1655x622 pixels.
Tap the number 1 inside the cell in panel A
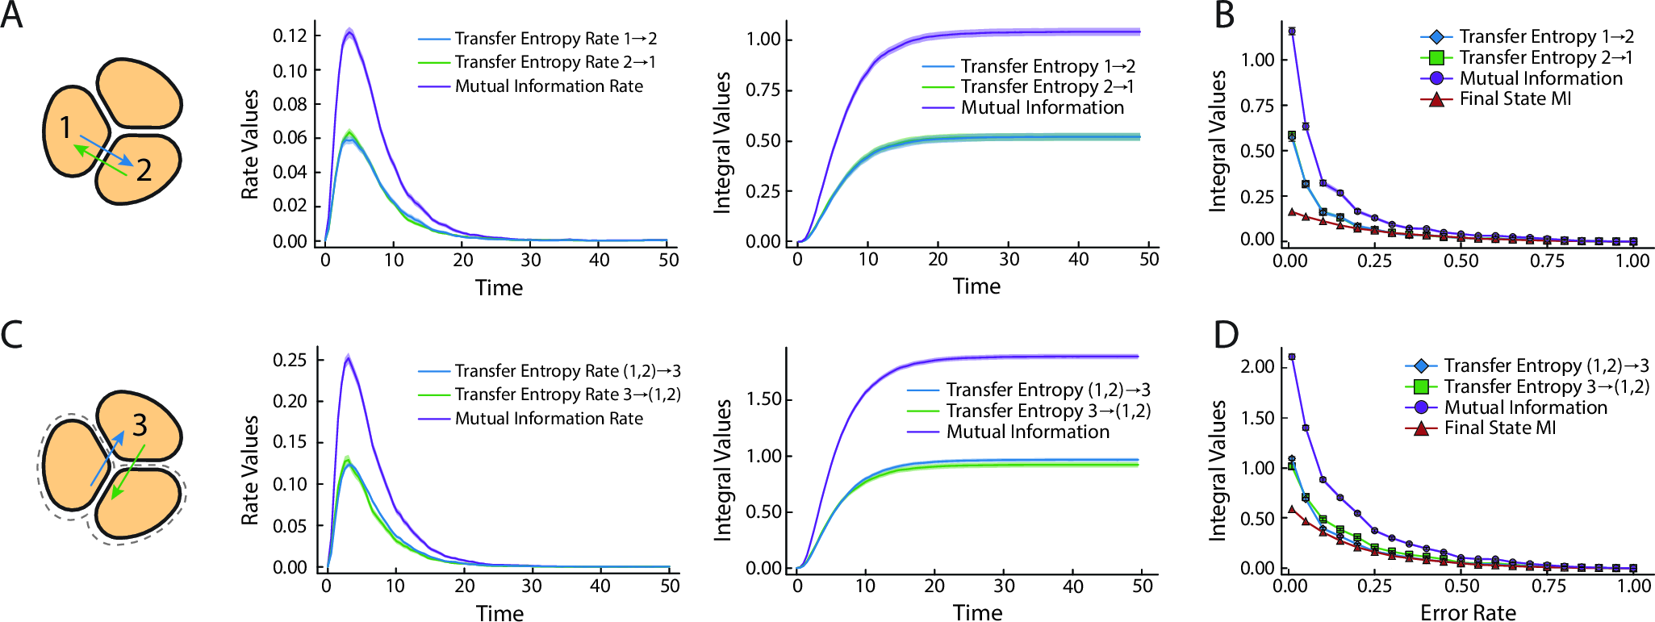pos(66,127)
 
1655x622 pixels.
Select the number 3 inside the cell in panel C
pos(140,424)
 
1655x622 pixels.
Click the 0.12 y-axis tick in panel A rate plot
pos(290,35)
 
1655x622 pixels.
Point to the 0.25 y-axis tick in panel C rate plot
pos(290,359)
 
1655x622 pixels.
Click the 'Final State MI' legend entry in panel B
pos(1515,99)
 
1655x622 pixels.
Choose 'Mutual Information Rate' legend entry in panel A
pos(549,86)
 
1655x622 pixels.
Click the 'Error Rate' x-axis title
pos(1468,612)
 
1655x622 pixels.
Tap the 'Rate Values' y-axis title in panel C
pos(250,470)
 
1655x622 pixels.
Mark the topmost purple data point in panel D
pos(1292,357)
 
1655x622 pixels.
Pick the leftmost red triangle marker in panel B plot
pos(1292,212)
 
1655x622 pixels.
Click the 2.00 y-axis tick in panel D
pos(1257,366)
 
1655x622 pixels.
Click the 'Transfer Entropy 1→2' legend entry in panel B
pos(1546,37)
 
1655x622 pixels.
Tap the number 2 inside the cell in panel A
pos(144,170)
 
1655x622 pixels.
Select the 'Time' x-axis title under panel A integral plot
pos(976,286)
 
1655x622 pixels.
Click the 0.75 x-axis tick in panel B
pos(1548,261)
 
